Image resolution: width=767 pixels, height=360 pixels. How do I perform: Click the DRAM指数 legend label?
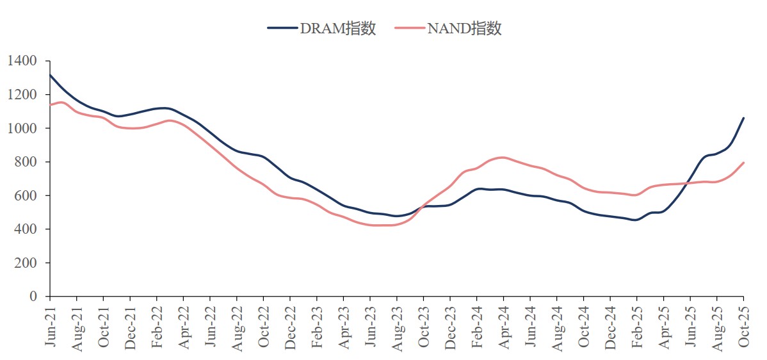[337, 28]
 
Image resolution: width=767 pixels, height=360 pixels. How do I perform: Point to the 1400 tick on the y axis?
[23, 61]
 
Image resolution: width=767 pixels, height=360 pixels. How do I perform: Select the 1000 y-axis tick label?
[23, 128]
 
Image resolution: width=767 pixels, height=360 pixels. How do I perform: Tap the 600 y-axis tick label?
[27, 195]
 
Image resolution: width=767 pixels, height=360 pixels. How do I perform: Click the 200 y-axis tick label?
[27, 263]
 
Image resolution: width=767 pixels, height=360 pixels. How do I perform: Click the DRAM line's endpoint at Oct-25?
[743, 118]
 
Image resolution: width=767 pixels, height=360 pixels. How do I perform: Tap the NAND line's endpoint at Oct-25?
[743, 163]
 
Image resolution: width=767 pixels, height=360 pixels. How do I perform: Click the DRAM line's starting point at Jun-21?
[50, 75]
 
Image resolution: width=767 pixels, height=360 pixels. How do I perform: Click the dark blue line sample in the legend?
[282, 28]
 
